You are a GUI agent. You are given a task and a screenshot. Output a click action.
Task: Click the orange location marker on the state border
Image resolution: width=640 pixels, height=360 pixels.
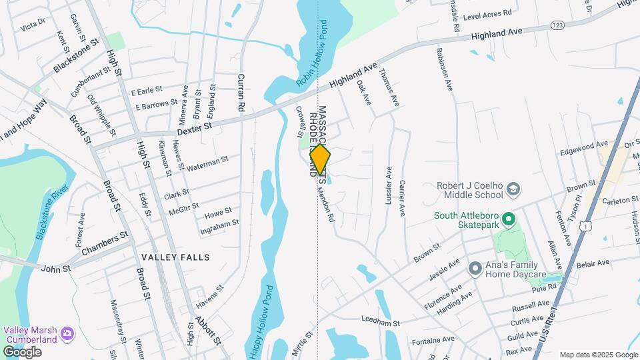pos(320,159)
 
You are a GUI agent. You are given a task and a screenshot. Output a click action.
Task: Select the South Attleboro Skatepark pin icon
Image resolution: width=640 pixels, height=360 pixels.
pos(508,219)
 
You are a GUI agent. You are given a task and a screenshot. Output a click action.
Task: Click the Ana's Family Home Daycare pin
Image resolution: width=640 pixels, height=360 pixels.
pos(475,269)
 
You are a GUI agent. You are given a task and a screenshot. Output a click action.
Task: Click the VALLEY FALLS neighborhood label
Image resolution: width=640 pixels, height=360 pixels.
pos(175,257)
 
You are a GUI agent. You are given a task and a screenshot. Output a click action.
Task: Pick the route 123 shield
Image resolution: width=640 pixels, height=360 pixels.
pos(558,25)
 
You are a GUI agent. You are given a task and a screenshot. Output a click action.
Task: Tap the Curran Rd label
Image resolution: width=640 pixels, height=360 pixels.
pos(241,92)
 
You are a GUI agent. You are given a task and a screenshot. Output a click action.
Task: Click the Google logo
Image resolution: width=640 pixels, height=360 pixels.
pos(22,351)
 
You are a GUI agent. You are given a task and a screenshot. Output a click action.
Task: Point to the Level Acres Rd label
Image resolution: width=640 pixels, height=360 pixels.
pos(487,13)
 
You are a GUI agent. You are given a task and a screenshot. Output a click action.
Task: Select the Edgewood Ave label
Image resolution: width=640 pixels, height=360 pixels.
pos(584,144)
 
